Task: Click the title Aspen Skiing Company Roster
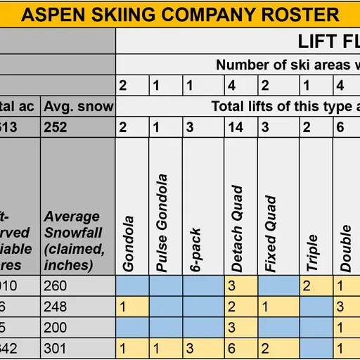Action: point(180,14)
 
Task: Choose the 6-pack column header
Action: point(196,250)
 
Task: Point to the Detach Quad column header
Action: point(237,229)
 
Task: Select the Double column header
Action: point(346,247)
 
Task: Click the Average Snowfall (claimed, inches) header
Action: point(75,240)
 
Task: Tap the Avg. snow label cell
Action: point(77,106)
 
